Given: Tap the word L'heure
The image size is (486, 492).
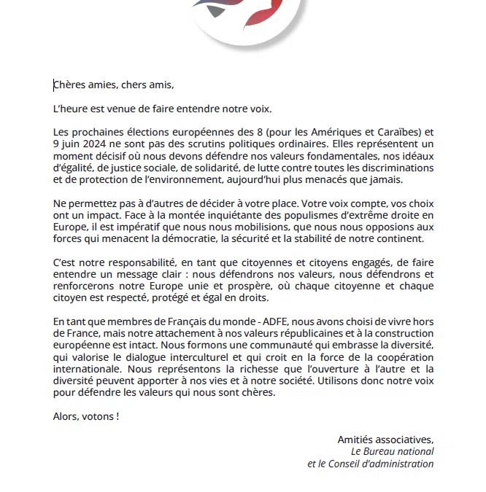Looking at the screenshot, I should click(70, 109).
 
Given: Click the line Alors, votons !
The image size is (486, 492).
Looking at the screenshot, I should click(85, 416).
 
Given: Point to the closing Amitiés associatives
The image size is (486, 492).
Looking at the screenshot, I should click(385, 440).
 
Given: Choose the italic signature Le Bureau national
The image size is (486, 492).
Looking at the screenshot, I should click(391, 451).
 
